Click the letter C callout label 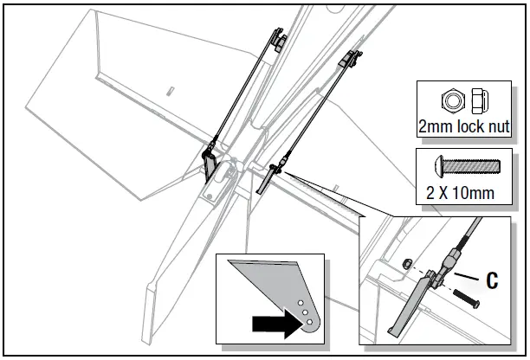click(492, 280)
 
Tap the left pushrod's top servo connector click(275, 39)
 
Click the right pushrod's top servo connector click(351, 59)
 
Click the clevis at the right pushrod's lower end click(275, 165)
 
